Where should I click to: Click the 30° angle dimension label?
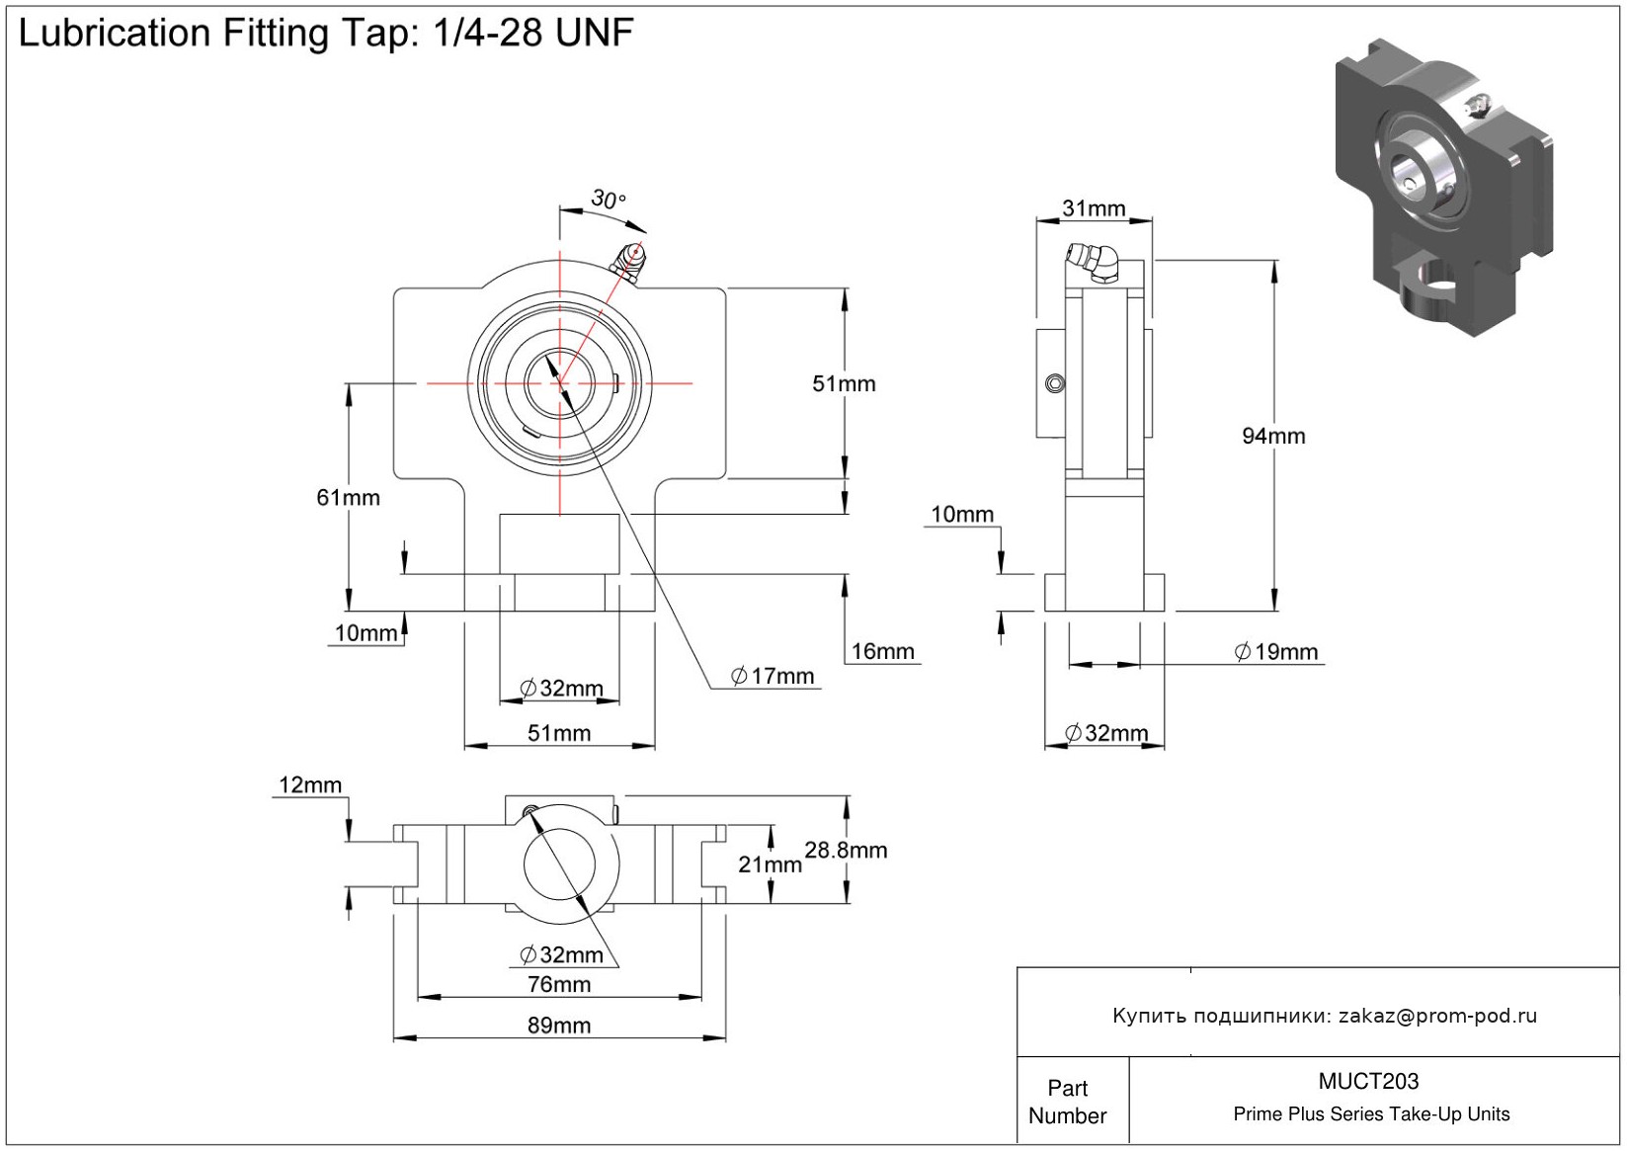coord(608,200)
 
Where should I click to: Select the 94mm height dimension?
coord(1273,436)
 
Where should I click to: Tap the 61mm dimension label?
coord(348,498)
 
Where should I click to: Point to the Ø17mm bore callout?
coord(773,677)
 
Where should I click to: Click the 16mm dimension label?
coord(882,652)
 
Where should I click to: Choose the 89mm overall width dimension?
coord(559,1026)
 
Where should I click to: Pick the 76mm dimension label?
coord(559,984)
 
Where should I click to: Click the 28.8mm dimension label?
coord(846,851)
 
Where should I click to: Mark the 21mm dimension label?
coord(770,865)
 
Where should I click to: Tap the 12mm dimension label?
coord(310,785)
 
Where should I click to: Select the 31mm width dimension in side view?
coord(1094,208)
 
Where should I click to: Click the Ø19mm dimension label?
coord(1276,652)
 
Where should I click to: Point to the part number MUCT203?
coord(1368,1082)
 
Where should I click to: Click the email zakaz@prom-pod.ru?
coord(1437,1016)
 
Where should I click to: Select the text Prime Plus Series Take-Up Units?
coord(1371,1114)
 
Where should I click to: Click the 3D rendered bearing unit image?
coord(1442,188)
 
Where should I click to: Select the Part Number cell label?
coord(1067,1102)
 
